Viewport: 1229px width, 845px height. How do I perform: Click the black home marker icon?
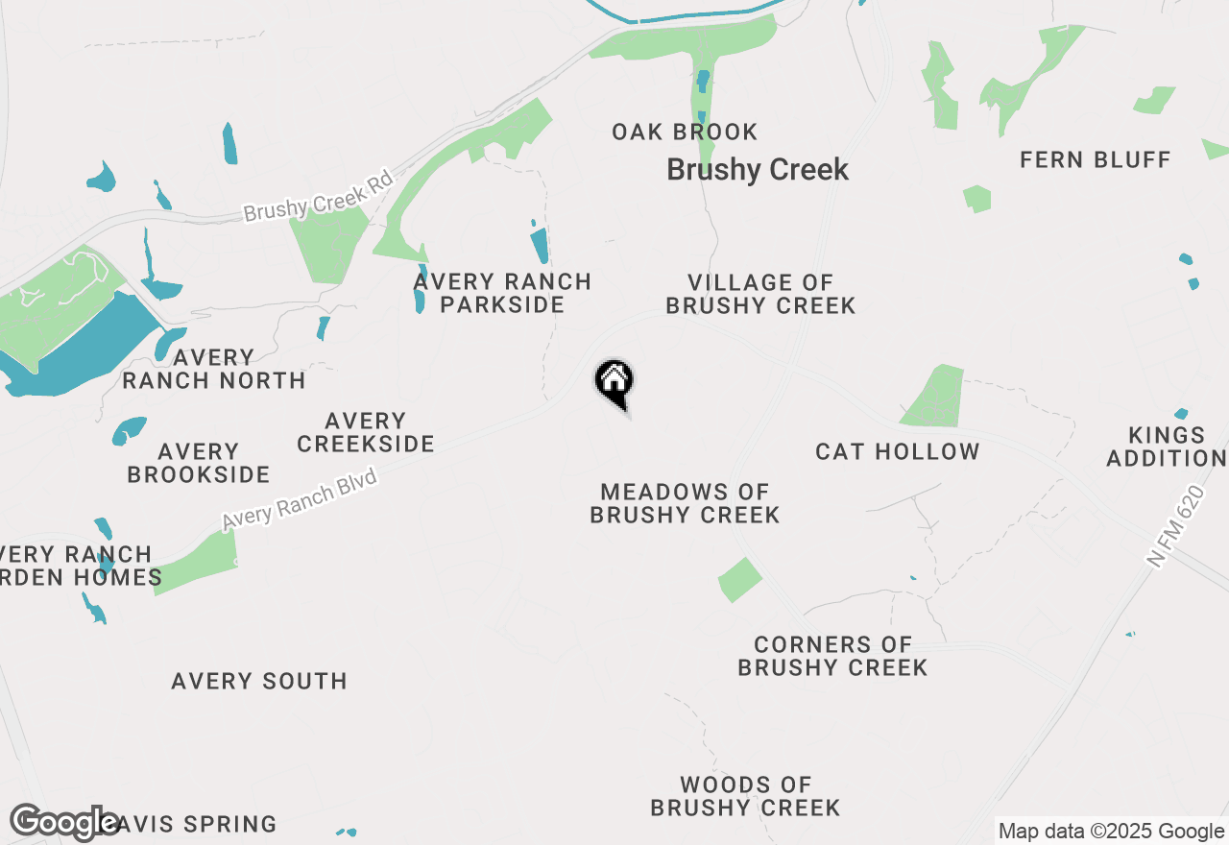tap(614, 382)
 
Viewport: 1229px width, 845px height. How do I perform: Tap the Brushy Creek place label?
tap(758, 170)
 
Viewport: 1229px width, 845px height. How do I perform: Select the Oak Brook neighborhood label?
tap(685, 132)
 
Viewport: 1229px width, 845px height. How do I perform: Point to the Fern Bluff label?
tap(1096, 159)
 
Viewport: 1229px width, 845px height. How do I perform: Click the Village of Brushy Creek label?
tap(760, 294)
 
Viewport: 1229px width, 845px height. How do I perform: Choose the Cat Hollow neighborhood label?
tap(898, 451)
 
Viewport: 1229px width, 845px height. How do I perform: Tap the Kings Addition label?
tap(1167, 447)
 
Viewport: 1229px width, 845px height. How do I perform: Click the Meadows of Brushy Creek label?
tap(685, 503)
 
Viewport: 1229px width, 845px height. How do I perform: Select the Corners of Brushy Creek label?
tap(832, 656)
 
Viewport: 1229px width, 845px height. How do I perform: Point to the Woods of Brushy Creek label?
tap(745, 797)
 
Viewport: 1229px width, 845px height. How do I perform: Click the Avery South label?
tap(259, 681)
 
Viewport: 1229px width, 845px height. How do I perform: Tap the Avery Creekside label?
tap(366, 432)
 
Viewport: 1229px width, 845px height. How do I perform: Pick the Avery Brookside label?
tap(199, 463)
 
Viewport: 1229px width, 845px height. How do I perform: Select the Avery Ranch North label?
tap(214, 369)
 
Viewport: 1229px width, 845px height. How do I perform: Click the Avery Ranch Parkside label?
tap(502, 293)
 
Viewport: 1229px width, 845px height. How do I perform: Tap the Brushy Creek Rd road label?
tap(319, 196)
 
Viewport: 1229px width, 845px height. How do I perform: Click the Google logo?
tap(64, 823)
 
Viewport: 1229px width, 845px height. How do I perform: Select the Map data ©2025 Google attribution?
tap(1111, 832)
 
